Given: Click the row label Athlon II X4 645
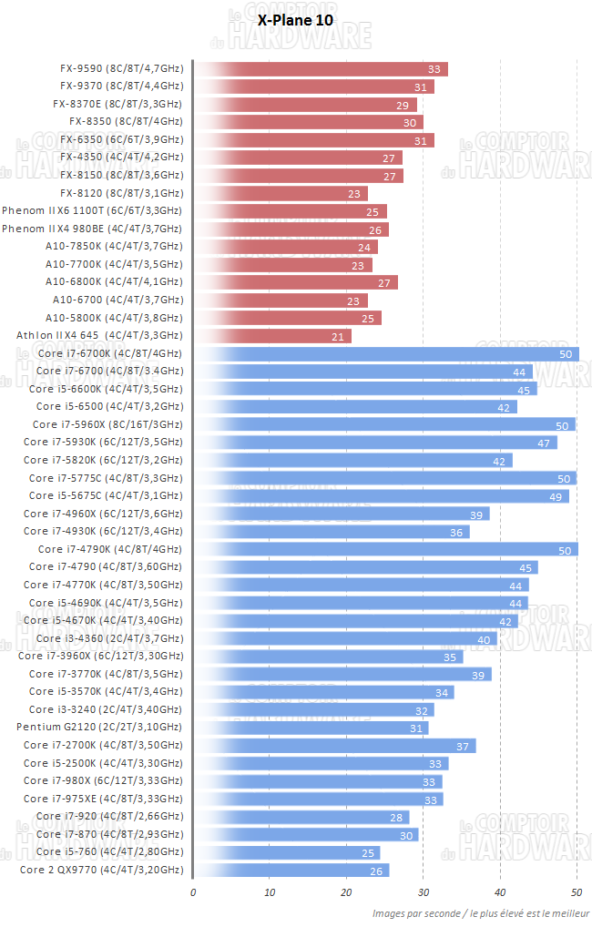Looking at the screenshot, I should pos(99,336).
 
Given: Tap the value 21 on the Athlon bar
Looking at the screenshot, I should pos(338,337).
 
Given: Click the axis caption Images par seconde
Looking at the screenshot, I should pos(480,913).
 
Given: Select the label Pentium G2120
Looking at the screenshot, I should pos(99,728).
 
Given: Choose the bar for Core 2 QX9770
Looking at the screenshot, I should pos(291,871).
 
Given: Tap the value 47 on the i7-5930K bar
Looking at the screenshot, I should pos(544,443).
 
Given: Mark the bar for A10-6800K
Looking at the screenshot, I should pos(296,283).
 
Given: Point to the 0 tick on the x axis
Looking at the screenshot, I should pos(193,891).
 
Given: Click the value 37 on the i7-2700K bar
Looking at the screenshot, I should pos(462,747).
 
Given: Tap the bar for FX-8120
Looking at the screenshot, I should pos(281,194).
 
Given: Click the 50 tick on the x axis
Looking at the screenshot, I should pos(577,891).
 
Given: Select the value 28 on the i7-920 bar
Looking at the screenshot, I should pos(396,818).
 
